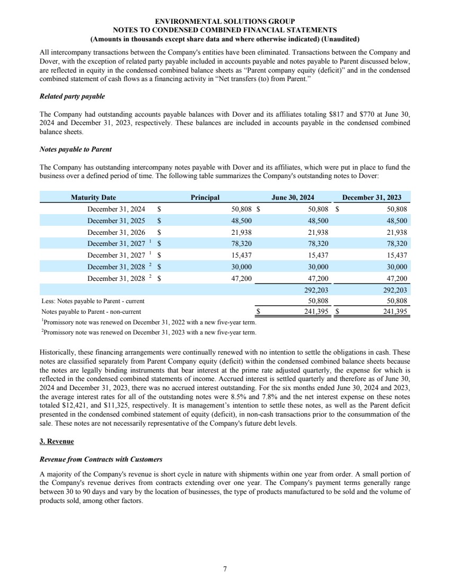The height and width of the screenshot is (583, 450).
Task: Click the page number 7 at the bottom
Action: coord(225,569)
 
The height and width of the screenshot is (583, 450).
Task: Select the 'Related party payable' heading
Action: coord(72,96)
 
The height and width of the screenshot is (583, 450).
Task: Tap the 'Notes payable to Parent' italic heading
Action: coord(75,149)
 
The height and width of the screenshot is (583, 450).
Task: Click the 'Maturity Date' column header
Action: coord(93,197)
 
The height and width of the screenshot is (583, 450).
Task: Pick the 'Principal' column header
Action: coord(205,197)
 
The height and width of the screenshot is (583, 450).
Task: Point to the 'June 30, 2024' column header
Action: coord(293,197)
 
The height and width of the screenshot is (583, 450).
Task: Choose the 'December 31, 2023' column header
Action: coord(372,197)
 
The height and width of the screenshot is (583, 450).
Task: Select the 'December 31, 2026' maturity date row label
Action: coord(116,232)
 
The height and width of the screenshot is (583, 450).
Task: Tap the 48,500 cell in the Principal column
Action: coord(242,220)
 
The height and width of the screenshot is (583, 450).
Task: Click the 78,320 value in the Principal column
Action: coord(242,244)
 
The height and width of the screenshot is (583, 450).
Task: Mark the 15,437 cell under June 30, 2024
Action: coord(318,256)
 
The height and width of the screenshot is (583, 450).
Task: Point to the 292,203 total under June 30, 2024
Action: coord(316,290)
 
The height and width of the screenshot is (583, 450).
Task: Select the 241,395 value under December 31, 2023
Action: coord(394,312)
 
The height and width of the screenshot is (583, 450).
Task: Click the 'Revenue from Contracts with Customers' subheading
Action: coord(101,459)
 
